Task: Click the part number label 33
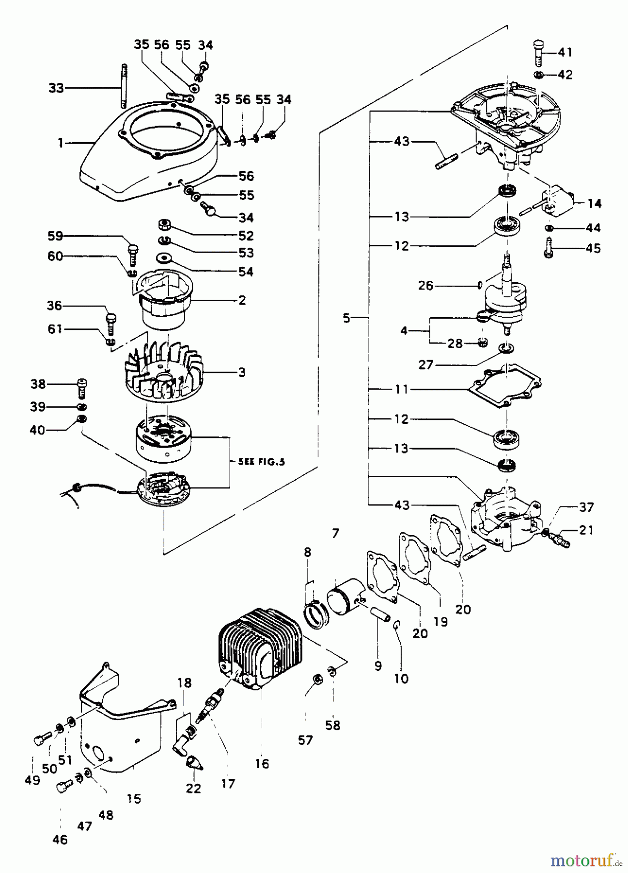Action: click(x=56, y=88)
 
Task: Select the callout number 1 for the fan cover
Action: click(x=61, y=143)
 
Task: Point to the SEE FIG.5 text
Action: click(x=261, y=462)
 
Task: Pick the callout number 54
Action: click(x=246, y=272)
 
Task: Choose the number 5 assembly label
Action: click(x=346, y=319)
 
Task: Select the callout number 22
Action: click(x=193, y=789)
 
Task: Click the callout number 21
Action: click(x=586, y=530)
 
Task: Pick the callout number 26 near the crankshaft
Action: click(x=426, y=286)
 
